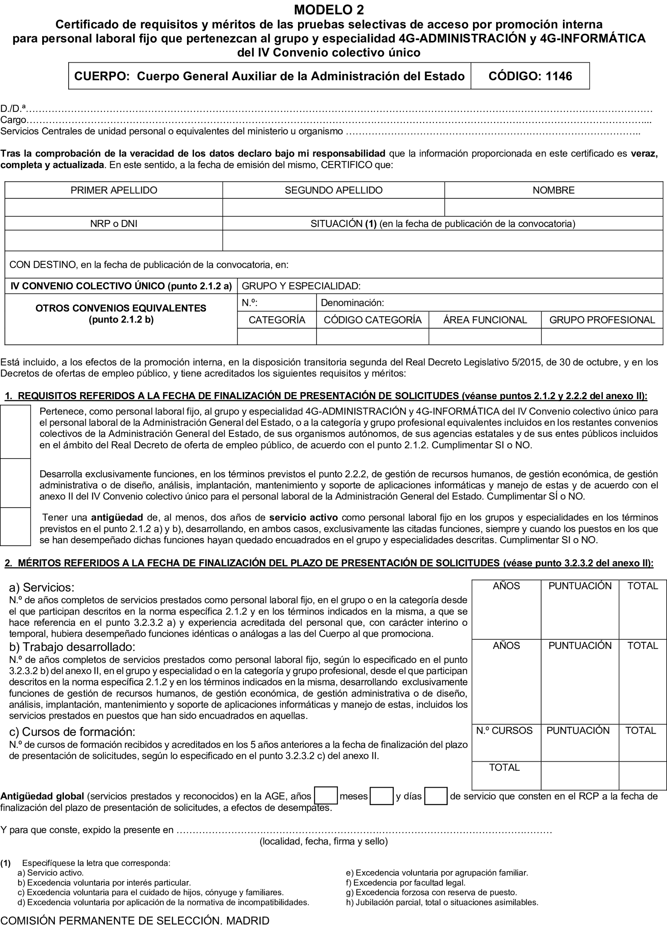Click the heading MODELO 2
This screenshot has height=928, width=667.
coord(329,9)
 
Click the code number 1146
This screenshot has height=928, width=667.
coord(559,76)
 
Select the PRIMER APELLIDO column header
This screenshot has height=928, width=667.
coord(114,190)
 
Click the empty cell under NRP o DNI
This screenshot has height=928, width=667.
coord(114,241)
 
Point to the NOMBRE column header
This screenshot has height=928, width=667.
coord(553,190)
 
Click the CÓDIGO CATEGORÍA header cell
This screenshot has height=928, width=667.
coord(373,320)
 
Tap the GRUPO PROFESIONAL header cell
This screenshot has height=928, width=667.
coord(602,320)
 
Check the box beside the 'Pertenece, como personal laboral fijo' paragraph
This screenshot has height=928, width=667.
coord(16,432)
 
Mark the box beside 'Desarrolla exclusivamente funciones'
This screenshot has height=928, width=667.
coord(16,483)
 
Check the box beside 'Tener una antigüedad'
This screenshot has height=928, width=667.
coord(16,527)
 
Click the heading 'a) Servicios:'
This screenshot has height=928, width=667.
coord(42,588)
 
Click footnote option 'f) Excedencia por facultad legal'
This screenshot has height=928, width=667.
coord(405,883)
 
